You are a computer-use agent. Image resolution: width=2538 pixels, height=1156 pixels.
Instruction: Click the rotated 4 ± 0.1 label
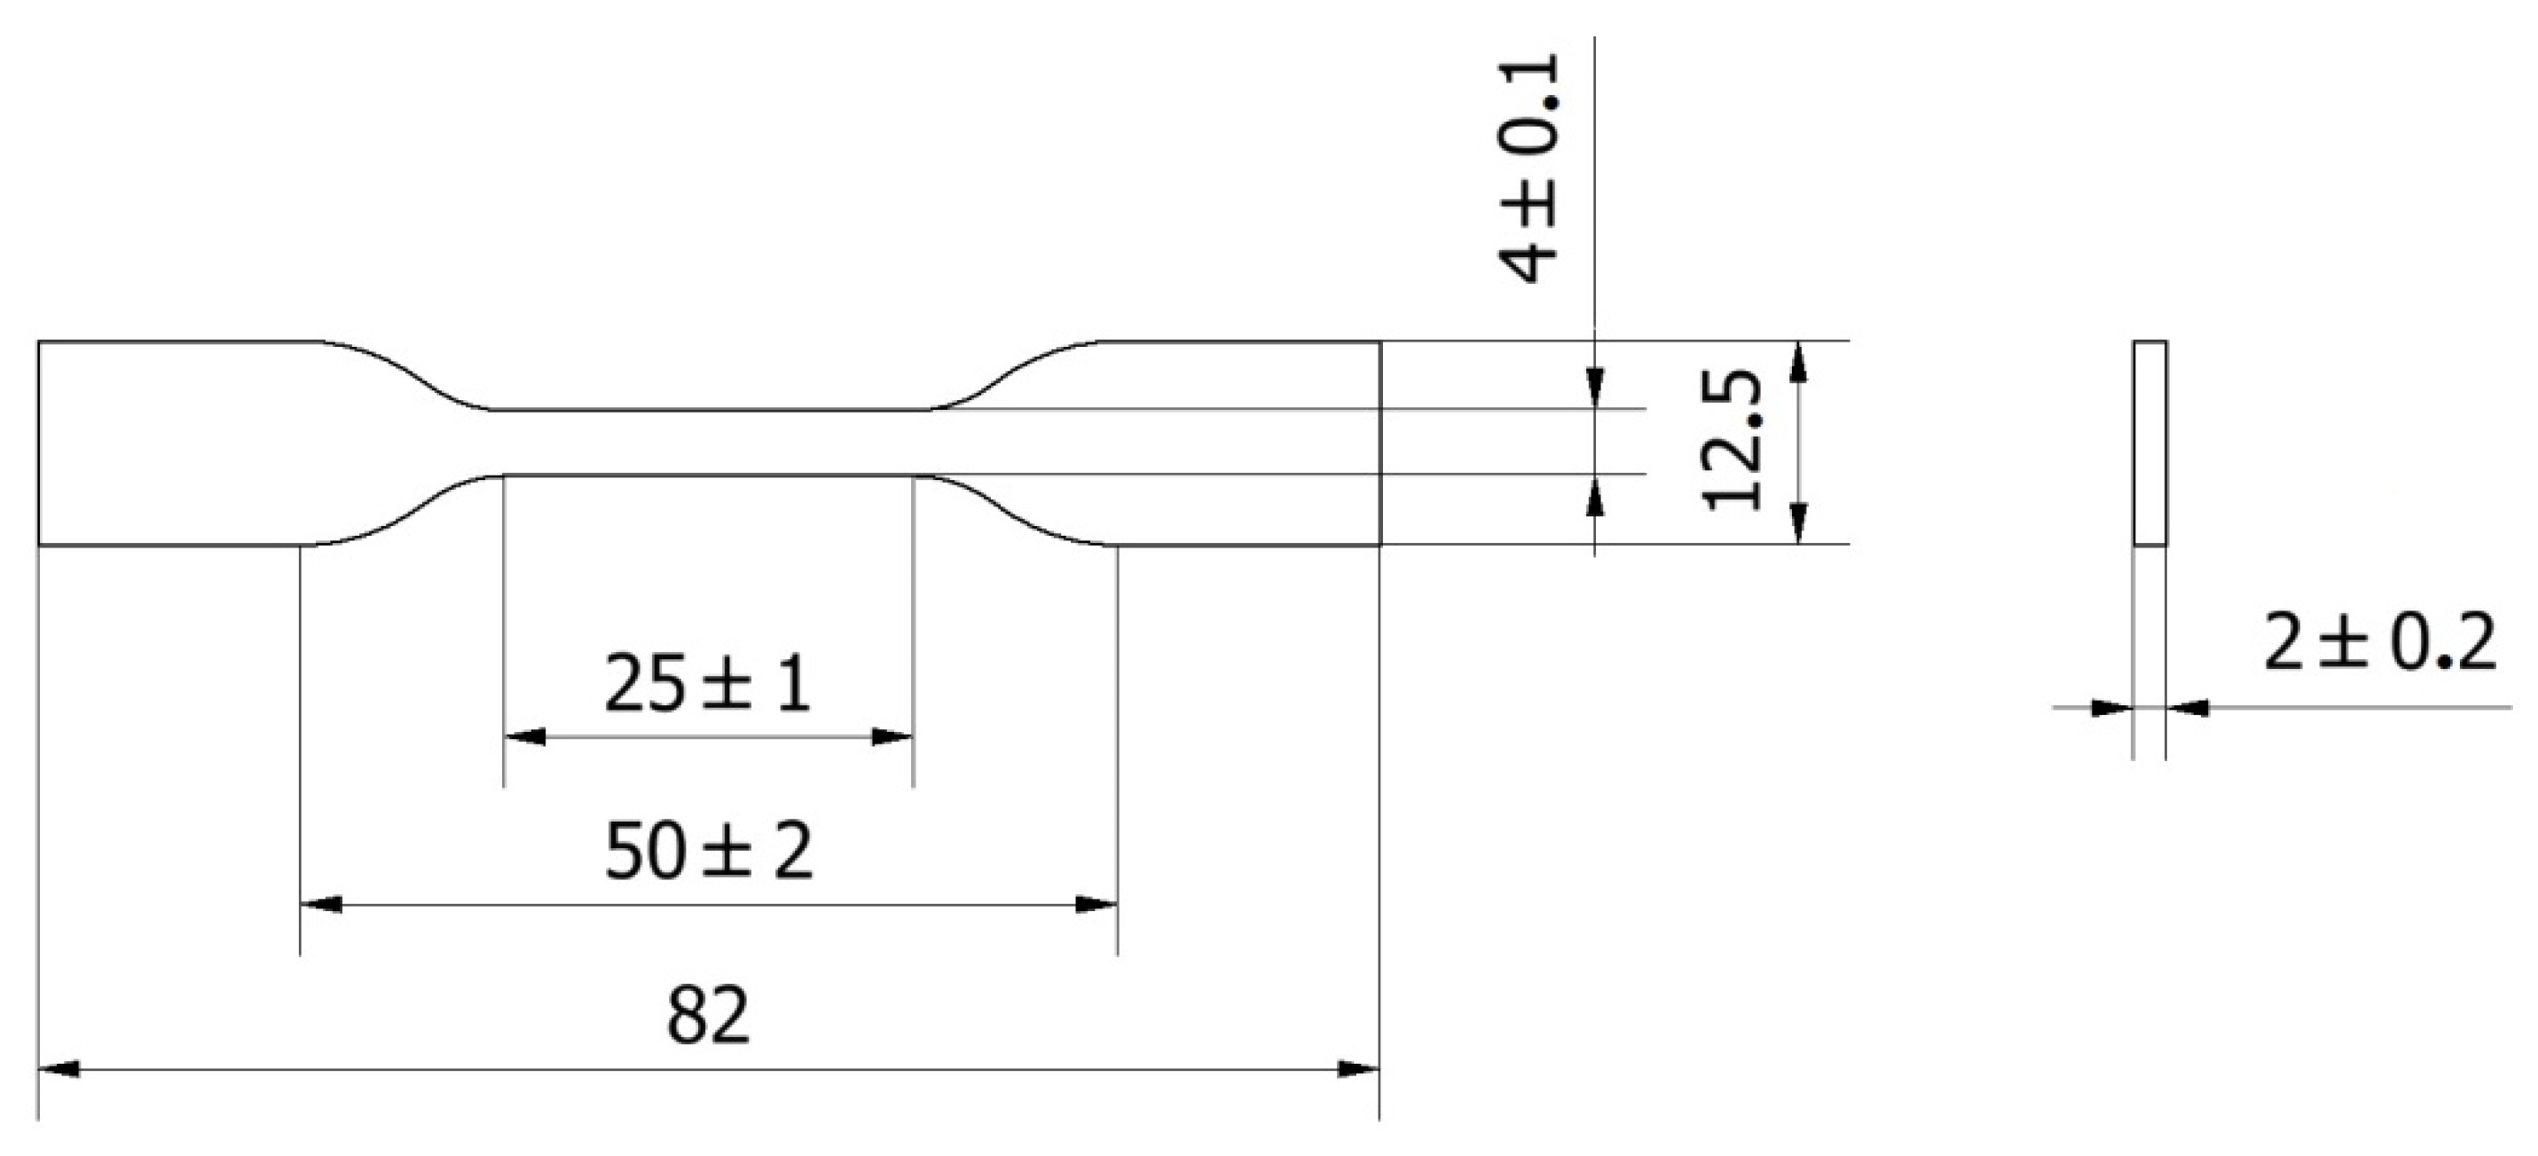(x=1529, y=169)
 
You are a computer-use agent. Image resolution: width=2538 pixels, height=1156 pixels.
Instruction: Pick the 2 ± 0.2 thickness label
(x=2379, y=643)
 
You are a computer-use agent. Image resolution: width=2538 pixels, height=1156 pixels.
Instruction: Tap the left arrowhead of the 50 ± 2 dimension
(x=320, y=904)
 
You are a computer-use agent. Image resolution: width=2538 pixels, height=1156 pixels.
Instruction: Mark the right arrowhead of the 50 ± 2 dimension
(x=1096, y=904)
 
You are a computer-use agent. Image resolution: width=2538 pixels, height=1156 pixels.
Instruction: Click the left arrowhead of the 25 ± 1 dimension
(x=524, y=736)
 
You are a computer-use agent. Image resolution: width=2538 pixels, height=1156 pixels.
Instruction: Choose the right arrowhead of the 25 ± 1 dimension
(x=892, y=736)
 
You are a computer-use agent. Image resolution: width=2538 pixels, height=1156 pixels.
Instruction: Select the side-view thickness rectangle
(x=2149, y=444)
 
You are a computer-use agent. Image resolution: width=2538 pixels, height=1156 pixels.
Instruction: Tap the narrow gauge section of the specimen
(x=707, y=443)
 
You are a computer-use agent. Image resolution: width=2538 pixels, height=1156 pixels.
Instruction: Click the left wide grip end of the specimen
(x=168, y=443)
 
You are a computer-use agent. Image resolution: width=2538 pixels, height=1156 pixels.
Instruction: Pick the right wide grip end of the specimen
(x=1241, y=443)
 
